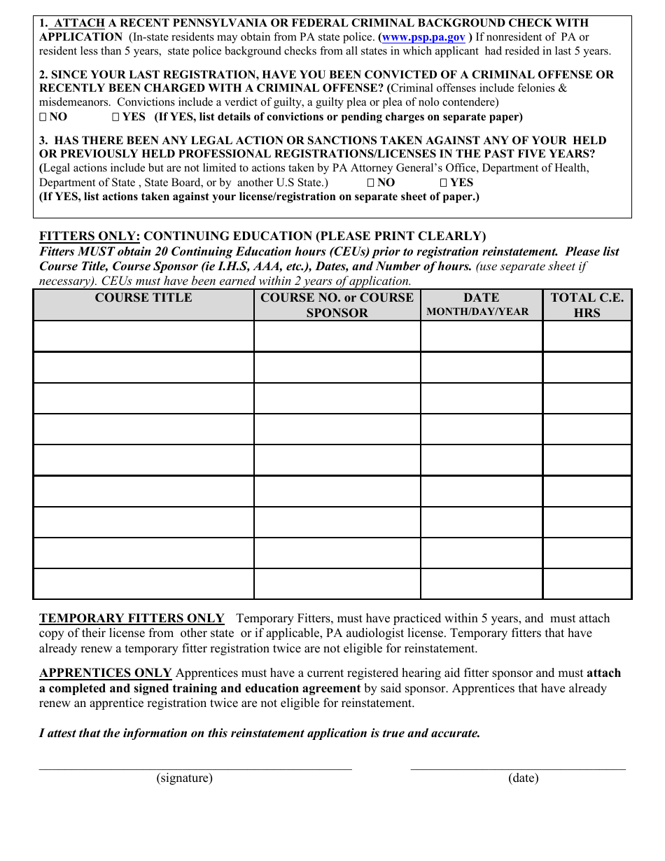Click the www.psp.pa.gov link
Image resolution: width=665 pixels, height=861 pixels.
[x=423, y=37]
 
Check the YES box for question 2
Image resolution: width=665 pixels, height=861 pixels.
[x=115, y=117]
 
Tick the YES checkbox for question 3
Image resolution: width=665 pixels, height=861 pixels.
[x=443, y=183]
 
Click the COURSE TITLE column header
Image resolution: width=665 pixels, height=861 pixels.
[x=143, y=298]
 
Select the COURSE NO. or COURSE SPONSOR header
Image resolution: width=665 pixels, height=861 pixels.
[x=337, y=305]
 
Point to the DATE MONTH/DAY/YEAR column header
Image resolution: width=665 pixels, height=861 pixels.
[x=481, y=304]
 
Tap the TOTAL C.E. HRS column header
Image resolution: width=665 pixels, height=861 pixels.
[x=587, y=305]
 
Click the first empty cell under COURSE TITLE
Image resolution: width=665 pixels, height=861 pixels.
[x=143, y=336]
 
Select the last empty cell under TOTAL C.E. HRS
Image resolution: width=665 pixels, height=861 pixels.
[x=587, y=584]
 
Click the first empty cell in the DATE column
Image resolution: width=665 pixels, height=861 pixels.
[x=481, y=336]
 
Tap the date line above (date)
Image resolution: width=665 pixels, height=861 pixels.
[x=518, y=768]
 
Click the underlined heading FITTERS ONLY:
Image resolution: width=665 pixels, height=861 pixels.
[x=90, y=236]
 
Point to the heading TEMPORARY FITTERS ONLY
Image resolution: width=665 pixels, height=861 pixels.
[x=132, y=618]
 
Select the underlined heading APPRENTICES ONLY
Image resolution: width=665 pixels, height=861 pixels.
[x=105, y=673]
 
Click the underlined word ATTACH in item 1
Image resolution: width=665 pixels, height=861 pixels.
[x=79, y=23]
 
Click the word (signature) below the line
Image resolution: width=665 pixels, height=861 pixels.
[x=184, y=778]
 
